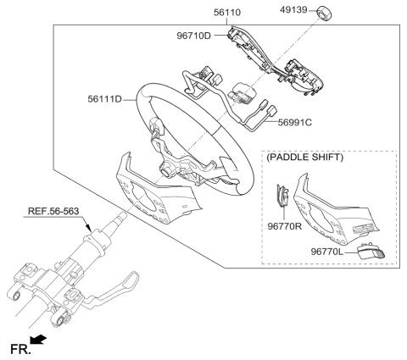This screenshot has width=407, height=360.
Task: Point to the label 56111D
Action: point(106,99)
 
